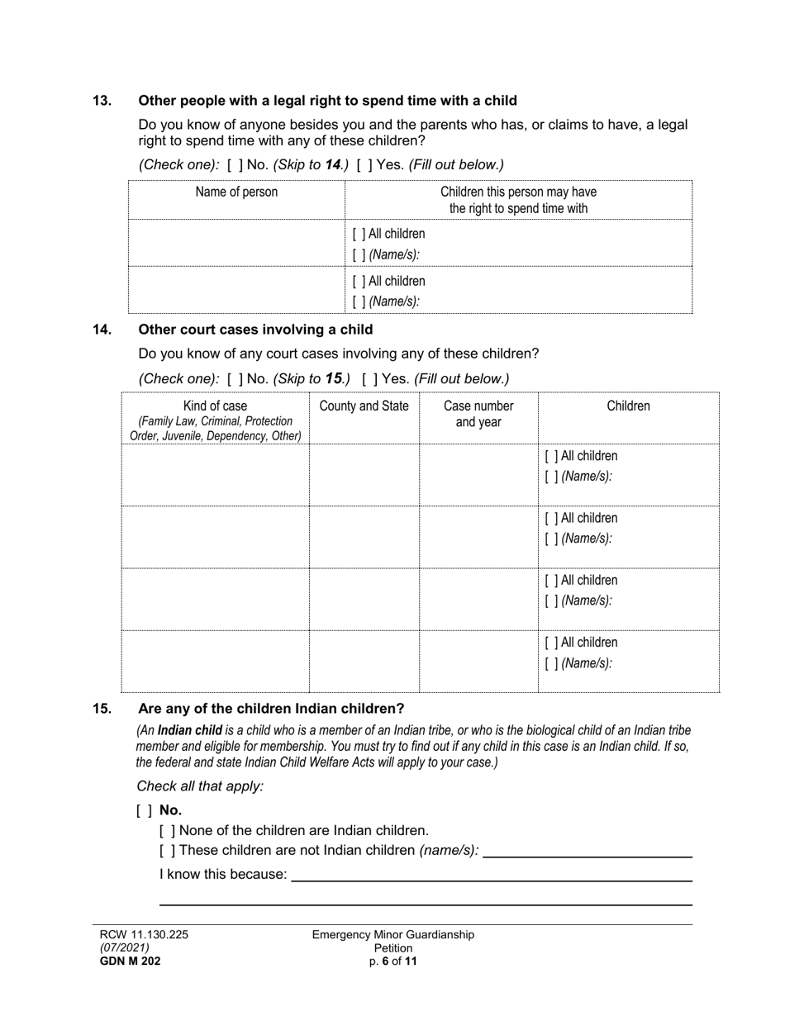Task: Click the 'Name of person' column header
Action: click(236, 192)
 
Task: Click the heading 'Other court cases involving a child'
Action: click(255, 330)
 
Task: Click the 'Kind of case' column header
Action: click(215, 406)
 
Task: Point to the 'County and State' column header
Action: click(364, 406)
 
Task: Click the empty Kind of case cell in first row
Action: click(215, 474)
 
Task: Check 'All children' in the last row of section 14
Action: click(551, 643)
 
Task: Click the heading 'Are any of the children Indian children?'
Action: click(271, 709)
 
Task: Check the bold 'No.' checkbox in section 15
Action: click(144, 811)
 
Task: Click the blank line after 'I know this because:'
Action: click(492, 876)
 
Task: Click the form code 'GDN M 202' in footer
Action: click(131, 961)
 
